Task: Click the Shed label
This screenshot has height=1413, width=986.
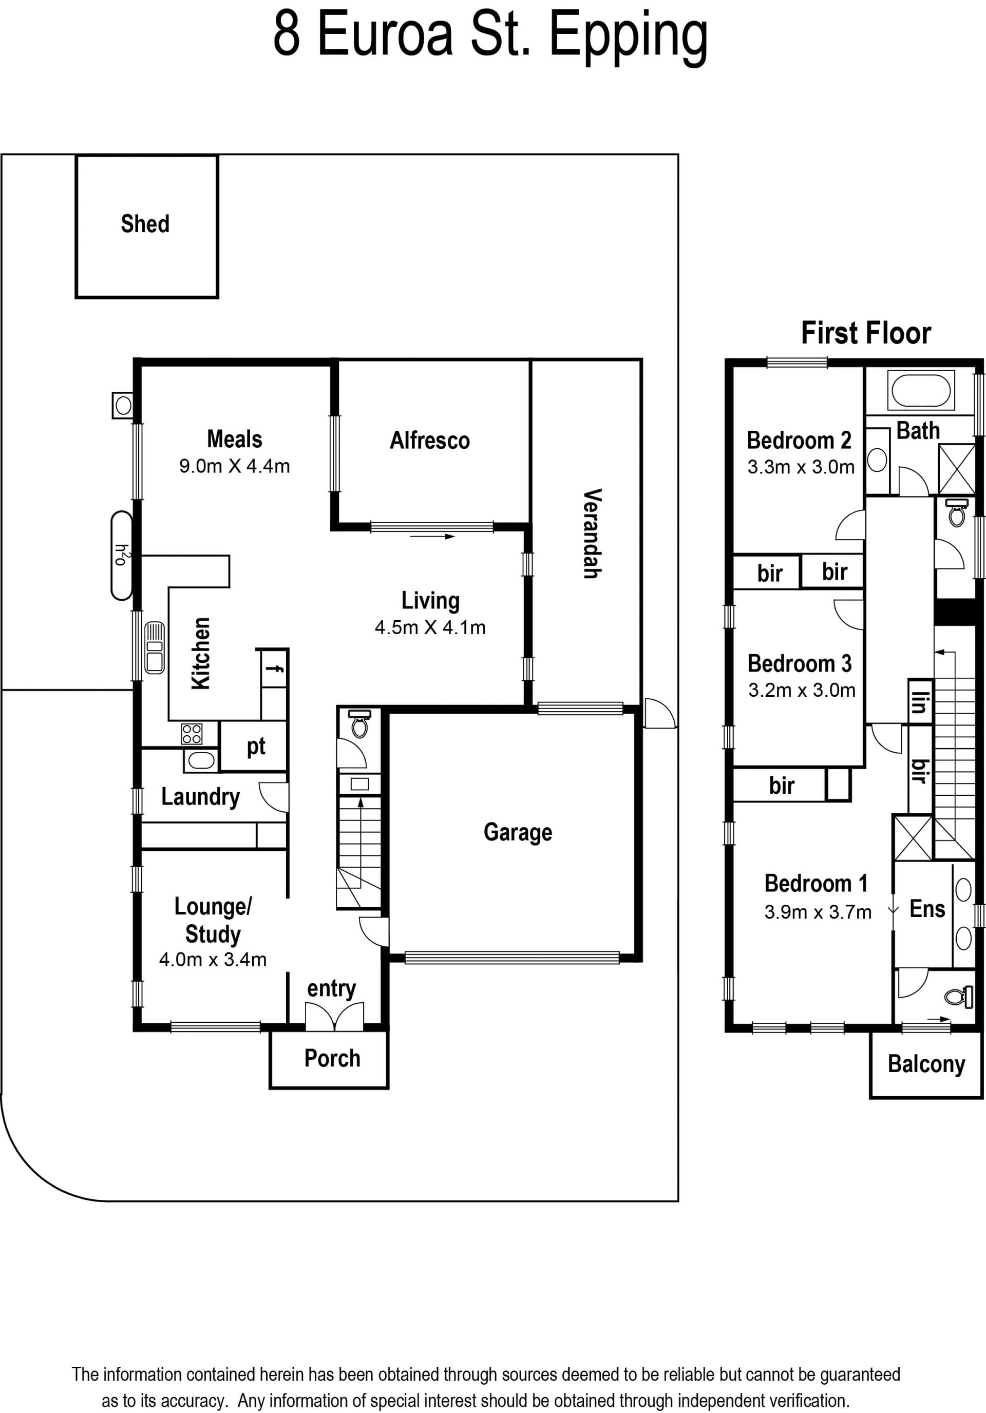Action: coord(145,224)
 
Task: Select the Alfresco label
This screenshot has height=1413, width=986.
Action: coord(430,440)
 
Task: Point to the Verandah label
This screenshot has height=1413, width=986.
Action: coord(592,533)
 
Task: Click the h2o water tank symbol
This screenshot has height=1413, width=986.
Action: coord(122,556)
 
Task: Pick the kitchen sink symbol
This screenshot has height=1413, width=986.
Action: coord(155,648)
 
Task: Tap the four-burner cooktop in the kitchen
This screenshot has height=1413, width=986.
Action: coord(192,734)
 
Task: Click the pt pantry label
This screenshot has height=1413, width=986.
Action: coord(256,747)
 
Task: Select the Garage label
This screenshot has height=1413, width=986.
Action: coord(518,832)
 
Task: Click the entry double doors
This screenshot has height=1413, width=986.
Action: coord(334,1016)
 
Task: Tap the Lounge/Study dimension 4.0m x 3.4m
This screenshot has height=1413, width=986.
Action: coord(213,960)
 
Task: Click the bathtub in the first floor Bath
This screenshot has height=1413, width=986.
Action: coord(921,390)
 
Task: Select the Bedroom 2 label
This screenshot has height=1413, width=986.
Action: coord(799,440)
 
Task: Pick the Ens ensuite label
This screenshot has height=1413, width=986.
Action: coord(927,908)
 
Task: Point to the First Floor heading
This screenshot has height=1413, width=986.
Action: coord(866,333)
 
